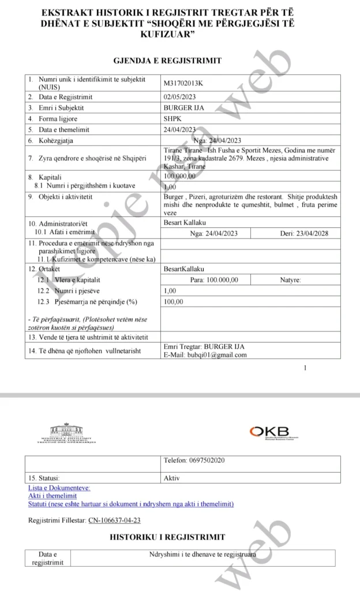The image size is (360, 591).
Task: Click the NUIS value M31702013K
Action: pyautogui.click(x=183, y=83)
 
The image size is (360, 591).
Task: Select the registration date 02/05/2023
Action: pyautogui.click(x=180, y=97)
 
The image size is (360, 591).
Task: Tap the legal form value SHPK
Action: pyautogui.click(x=172, y=118)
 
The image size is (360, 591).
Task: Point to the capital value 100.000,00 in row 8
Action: pyautogui.click(x=180, y=177)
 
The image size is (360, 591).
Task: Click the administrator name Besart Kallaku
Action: pyautogui.click(x=184, y=223)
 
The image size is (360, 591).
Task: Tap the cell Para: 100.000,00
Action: pyautogui.click(x=213, y=280)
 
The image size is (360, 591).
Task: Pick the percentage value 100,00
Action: pyautogui.click(x=174, y=301)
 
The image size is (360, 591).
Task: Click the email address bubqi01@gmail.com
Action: pyautogui.click(x=205, y=354)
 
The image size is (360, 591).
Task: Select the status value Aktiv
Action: pyautogui.click(x=172, y=478)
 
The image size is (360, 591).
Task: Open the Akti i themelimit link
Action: pyautogui.click(x=52, y=496)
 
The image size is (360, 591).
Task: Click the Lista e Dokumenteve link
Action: pyautogui.click(x=59, y=488)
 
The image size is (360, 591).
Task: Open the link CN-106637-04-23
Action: pyautogui.click(x=114, y=520)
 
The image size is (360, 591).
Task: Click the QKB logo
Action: pyautogui.click(x=271, y=433)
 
